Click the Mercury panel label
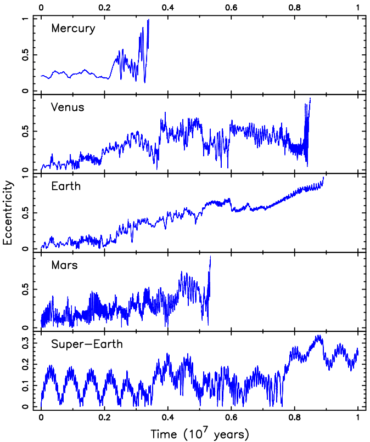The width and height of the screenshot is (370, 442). click(73, 29)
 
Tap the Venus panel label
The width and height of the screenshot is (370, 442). click(68, 107)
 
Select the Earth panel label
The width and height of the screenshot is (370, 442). click(66, 186)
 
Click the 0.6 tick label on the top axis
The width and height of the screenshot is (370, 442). click(231, 8)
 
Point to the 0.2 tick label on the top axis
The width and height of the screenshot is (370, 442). click(104, 8)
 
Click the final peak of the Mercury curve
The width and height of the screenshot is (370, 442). click(148, 20)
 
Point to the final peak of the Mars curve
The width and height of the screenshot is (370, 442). click(210, 257)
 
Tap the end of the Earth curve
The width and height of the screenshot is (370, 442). click(324, 177)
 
